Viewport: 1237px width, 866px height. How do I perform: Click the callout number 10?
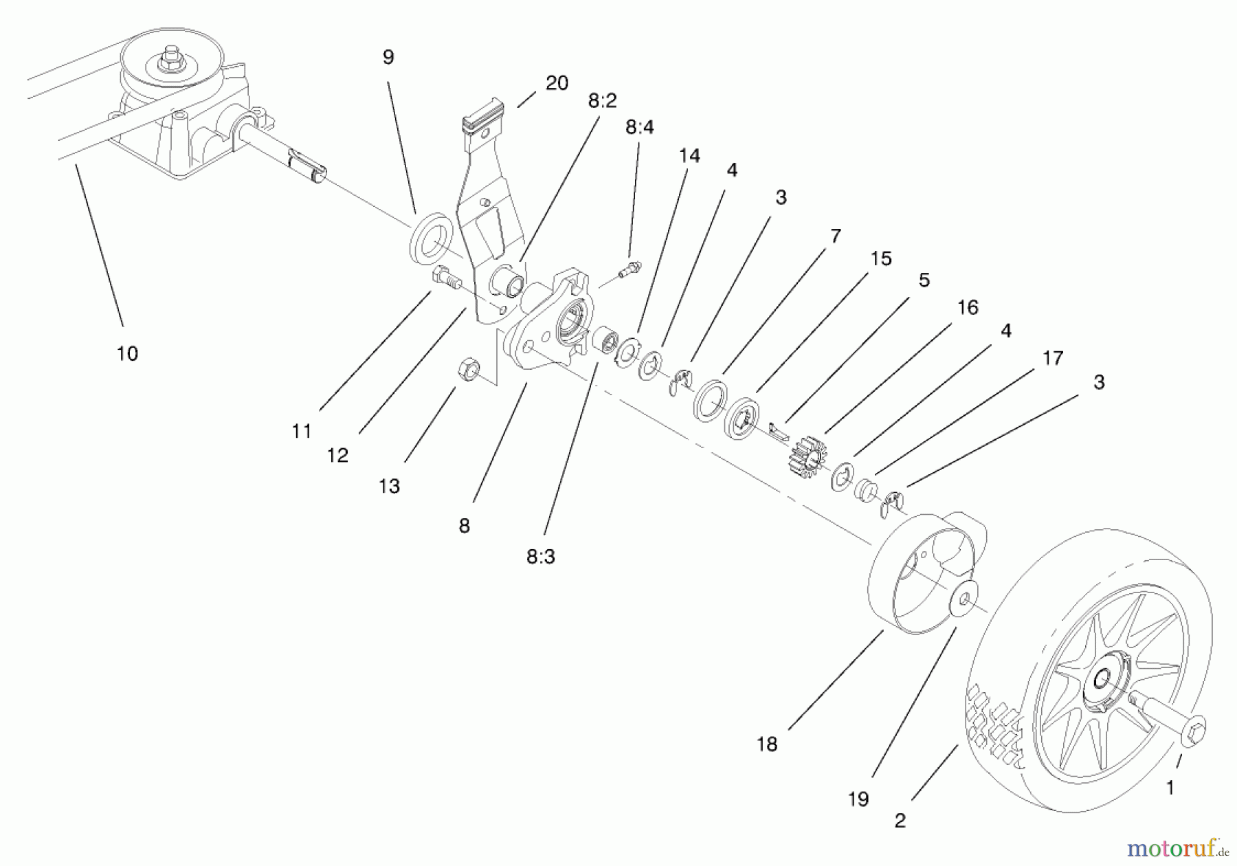click(127, 353)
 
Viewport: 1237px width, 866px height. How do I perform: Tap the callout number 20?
click(557, 83)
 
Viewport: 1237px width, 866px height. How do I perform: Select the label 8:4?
click(639, 127)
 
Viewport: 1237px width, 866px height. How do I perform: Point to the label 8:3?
click(540, 557)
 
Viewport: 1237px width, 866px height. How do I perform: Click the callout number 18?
click(767, 744)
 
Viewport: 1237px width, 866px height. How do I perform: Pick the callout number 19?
click(858, 799)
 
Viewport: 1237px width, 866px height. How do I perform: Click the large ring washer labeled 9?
click(431, 238)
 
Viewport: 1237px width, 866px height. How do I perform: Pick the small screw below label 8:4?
click(629, 269)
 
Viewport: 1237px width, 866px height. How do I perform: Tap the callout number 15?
click(880, 259)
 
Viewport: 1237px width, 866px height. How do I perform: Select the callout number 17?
click(1052, 358)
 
